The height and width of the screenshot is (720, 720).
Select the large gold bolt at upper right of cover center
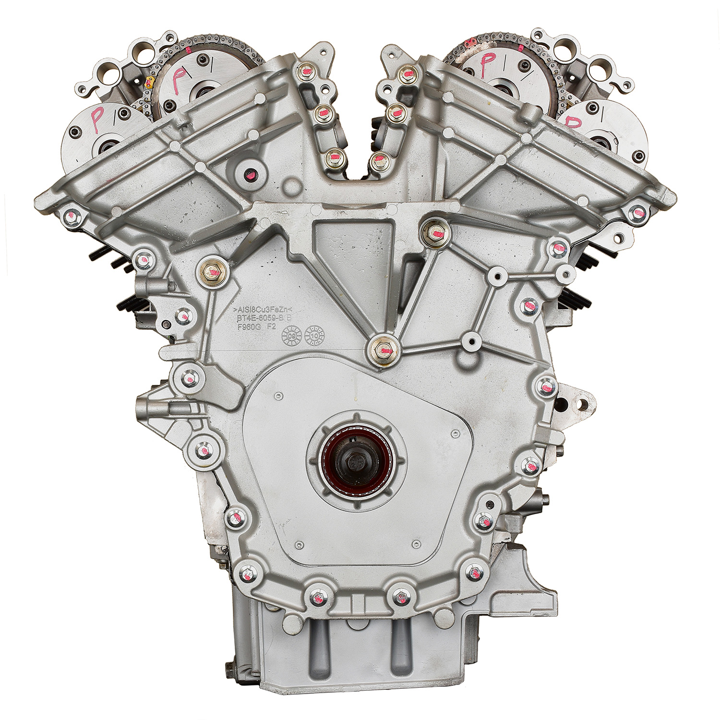pyautogui.click(x=434, y=233)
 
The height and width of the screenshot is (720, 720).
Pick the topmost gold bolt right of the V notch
pyautogui.click(x=406, y=75)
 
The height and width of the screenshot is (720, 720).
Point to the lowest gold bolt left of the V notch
pyautogui.click(x=333, y=158)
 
